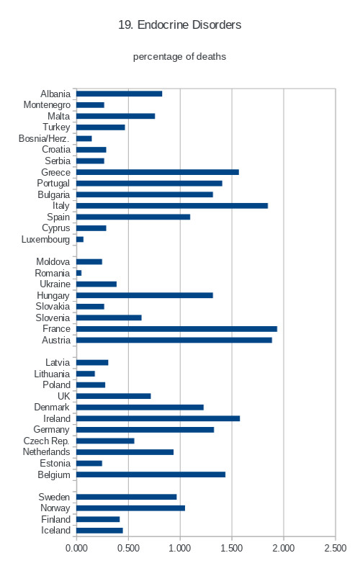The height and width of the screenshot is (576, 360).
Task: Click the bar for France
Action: [x=176, y=329]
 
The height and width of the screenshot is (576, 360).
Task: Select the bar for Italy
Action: [x=172, y=206]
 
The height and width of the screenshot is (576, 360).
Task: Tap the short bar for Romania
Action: [x=79, y=273]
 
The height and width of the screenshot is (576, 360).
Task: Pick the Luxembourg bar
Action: [x=80, y=240]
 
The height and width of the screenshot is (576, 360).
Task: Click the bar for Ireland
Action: [x=158, y=418]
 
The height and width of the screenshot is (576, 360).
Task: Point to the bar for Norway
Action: [x=131, y=508]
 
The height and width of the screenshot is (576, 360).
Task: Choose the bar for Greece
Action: [x=158, y=172]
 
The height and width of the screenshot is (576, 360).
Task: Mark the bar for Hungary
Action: [x=145, y=295]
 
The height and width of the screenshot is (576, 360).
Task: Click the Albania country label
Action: [x=55, y=94]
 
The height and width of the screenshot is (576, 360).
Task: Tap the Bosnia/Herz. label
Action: [x=44, y=138]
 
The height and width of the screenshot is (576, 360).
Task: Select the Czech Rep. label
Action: [x=46, y=441]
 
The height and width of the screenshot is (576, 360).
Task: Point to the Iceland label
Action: [x=55, y=531]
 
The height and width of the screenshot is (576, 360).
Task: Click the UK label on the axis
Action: [x=63, y=396]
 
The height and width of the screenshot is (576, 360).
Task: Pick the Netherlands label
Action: [x=46, y=452]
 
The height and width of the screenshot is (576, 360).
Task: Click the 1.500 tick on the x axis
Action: [x=231, y=548]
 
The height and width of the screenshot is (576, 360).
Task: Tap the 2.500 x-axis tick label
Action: [x=335, y=548]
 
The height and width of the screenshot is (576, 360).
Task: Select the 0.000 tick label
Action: [x=76, y=548]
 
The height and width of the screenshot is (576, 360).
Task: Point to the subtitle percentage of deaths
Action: [x=179, y=57]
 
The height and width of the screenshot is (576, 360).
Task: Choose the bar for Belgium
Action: [x=151, y=474]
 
